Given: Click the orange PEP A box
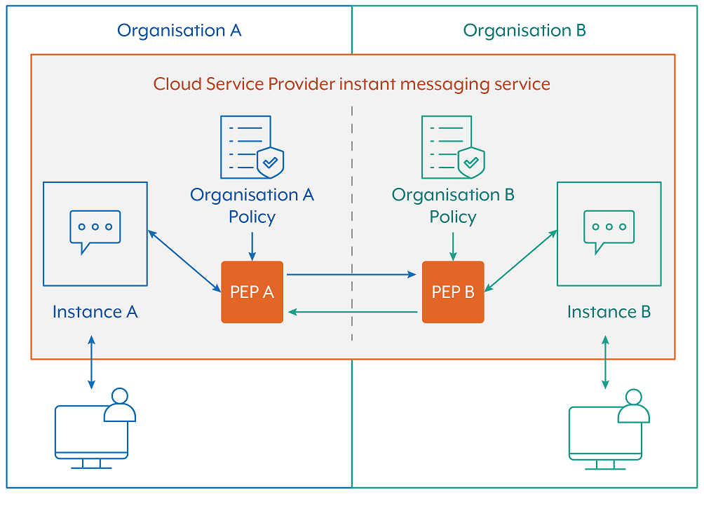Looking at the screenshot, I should point(252,292).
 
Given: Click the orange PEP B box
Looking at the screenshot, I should point(452,292).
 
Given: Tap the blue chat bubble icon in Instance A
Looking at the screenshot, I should point(95,231).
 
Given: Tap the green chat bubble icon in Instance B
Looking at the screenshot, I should point(609,231).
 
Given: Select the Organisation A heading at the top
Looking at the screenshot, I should point(179,30).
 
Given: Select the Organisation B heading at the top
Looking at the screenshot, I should point(524,30).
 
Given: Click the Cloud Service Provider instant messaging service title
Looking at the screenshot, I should point(351,84).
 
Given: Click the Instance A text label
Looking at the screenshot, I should point(95,312).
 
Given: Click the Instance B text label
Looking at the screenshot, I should point(609,312).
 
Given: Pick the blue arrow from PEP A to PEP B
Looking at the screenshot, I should point(351,275).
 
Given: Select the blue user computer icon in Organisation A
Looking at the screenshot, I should point(94,428).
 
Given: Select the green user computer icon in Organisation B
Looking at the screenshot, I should point(607,428).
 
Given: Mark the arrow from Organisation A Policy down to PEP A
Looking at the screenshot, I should point(252,245).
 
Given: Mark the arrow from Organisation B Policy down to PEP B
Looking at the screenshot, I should point(453,245).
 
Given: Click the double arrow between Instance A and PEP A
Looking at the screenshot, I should point(184,259).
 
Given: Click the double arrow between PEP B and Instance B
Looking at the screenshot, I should point(520,259).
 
